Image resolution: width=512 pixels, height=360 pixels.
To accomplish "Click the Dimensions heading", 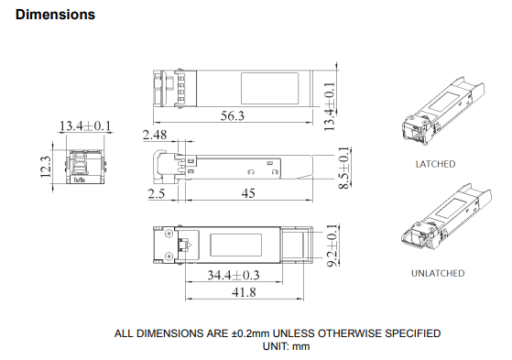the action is tap(55, 15).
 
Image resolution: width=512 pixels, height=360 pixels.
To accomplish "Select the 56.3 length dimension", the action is tap(233, 115).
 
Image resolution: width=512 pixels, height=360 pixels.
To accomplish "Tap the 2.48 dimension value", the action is tap(155, 135).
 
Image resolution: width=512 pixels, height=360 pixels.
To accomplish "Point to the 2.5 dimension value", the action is tap(157, 193).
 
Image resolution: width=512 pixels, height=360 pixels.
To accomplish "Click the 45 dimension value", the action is tap(248, 193).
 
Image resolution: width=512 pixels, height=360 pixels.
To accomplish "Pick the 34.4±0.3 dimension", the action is tap(234, 275).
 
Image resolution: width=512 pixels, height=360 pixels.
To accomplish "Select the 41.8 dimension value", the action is tap(244, 292).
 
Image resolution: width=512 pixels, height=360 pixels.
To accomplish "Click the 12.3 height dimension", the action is tap(46, 167).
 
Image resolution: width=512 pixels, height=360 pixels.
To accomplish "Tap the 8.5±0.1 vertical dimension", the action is tap(343, 168).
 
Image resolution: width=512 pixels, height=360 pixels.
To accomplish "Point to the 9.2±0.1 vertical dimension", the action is tap(332, 245).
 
